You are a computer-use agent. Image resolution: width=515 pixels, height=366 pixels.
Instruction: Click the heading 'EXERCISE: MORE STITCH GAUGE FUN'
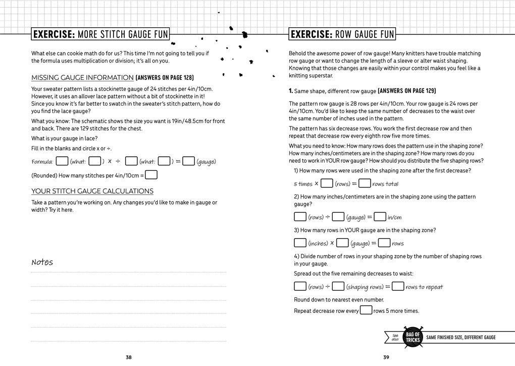[100, 34]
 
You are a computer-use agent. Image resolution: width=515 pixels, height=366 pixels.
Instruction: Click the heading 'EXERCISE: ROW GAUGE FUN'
[342, 34]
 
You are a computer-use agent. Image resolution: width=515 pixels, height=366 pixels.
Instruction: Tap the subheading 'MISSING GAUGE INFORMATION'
[82, 78]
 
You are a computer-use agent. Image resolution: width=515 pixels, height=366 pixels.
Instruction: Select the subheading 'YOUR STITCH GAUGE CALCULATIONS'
[92, 191]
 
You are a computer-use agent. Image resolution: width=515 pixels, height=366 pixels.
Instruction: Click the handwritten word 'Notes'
[42, 262]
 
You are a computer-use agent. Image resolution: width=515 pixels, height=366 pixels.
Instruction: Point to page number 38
[129, 357]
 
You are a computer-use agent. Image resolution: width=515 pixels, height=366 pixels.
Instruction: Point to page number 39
[386, 357]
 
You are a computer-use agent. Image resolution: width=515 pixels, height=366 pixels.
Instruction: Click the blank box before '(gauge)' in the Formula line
[189, 161]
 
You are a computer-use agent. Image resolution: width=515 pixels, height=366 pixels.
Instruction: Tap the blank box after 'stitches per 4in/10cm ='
[151, 175]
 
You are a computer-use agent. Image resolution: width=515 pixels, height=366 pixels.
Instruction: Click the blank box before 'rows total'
[365, 184]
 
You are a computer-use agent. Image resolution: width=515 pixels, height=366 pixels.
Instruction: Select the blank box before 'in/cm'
[380, 217]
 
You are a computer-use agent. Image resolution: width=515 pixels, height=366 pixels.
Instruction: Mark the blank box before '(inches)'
[300, 243]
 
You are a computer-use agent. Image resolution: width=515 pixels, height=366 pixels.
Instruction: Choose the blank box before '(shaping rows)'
[338, 287]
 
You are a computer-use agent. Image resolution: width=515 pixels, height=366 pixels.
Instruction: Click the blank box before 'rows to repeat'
[398, 287]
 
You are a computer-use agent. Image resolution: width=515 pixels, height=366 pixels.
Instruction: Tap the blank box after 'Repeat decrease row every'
[366, 310]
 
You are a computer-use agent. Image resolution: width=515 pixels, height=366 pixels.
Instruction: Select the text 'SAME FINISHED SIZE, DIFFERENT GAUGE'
[461, 338]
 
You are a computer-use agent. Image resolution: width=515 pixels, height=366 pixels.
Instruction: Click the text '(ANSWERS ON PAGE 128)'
[165, 78]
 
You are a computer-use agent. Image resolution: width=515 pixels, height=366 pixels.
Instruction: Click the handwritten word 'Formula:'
[42, 162]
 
